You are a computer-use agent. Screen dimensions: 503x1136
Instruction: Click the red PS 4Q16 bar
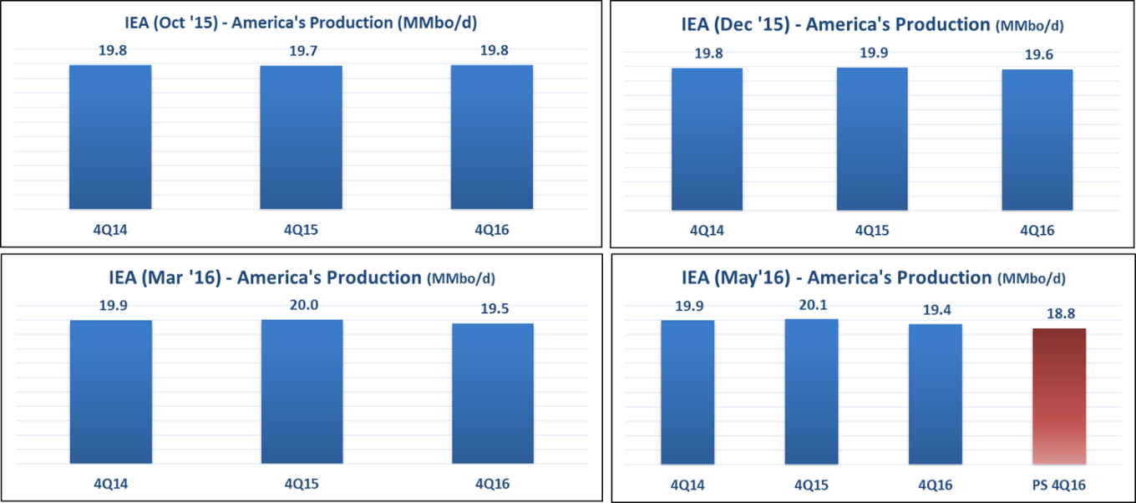tap(1058, 396)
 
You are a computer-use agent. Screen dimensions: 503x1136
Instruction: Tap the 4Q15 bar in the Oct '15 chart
tap(301, 137)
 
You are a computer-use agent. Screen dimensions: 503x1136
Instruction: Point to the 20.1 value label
tap(811, 306)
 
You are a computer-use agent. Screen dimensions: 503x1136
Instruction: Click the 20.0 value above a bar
tap(302, 306)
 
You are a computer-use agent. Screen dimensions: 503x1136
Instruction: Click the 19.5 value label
tap(492, 307)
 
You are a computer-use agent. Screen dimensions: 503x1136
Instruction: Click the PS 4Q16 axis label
tap(1058, 484)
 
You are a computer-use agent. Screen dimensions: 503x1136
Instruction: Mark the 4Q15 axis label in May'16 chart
tap(811, 484)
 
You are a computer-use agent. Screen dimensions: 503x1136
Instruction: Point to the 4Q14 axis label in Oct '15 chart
tap(110, 230)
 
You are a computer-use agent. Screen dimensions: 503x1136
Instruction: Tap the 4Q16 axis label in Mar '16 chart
tap(492, 483)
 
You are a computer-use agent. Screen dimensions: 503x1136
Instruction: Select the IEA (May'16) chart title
tap(873, 277)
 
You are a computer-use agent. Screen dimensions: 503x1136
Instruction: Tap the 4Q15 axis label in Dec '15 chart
tap(872, 231)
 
